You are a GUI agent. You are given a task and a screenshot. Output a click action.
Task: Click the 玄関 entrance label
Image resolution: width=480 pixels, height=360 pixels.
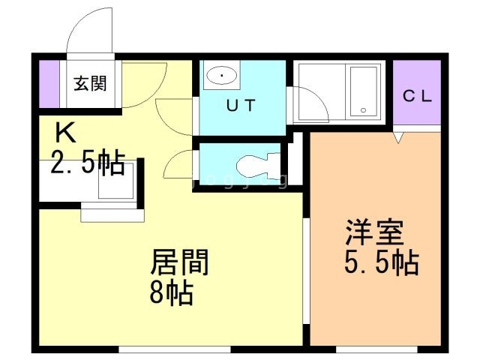tap(90, 83)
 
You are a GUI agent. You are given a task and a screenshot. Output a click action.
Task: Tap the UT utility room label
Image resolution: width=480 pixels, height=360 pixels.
tap(241, 105)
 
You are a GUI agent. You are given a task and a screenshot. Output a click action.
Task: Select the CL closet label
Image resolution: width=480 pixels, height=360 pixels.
tap(417, 96)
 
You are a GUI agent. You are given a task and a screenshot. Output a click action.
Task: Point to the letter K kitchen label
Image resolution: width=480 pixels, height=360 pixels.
tap(65, 132)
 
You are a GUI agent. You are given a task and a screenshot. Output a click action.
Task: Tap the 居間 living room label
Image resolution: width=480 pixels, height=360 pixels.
tap(180, 262)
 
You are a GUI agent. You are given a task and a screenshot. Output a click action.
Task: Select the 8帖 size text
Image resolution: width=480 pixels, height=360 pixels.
tap(172, 292)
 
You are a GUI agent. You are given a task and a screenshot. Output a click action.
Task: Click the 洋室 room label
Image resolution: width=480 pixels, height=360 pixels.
tap(374, 232)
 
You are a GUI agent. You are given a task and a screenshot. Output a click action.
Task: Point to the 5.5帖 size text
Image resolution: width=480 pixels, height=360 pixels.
tap(382, 262)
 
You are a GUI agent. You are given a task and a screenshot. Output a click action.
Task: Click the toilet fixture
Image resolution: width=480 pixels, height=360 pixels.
tap(259, 166)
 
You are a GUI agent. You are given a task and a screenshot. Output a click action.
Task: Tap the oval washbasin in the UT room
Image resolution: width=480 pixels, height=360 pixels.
tap(222, 75)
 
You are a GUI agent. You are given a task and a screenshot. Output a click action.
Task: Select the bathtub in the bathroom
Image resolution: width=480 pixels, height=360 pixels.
tap(363, 91)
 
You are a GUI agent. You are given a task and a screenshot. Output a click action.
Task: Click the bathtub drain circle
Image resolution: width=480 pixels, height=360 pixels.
tap(363, 110)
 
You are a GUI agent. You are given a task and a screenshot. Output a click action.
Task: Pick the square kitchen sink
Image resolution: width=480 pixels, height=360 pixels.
tap(116, 181)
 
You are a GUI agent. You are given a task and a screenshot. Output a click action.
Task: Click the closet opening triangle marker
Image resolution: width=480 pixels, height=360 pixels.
tap(398, 137)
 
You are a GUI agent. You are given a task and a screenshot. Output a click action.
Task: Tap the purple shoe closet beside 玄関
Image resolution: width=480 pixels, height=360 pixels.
tap(49, 84)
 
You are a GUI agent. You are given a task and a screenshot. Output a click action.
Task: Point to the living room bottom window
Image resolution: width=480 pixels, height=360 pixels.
tap(175, 349)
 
